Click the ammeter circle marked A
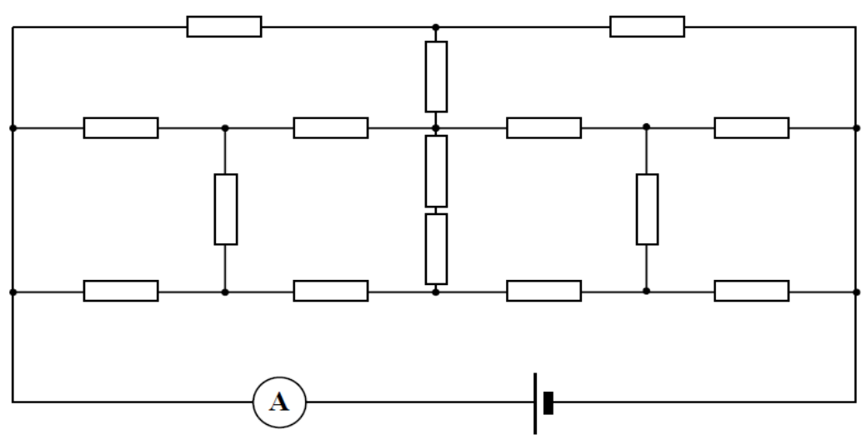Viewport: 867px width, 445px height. [279, 402]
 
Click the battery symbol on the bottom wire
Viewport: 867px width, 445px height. [543, 403]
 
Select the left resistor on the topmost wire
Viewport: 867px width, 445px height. [224, 27]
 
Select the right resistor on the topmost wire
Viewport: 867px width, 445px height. [647, 27]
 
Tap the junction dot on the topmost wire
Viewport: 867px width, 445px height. [436, 27]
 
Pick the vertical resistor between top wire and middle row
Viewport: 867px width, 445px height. [436, 77]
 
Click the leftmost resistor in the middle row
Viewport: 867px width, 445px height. [121, 127]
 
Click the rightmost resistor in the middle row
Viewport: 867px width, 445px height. [751, 127]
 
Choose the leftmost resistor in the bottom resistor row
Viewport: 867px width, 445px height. [121, 291]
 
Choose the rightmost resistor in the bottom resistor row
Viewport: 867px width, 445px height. [751, 291]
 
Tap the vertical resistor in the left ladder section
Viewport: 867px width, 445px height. [226, 209]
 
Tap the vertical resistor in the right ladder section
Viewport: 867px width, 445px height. [647, 209]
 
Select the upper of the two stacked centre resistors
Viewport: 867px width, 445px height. [436, 172]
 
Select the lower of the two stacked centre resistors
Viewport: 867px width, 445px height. [436, 249]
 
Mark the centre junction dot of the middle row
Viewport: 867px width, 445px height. [436, 128]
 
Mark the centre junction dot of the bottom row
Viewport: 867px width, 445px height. [436, 292]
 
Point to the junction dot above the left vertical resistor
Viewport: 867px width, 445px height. [225, 128]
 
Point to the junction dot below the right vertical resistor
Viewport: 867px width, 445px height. [646, 291]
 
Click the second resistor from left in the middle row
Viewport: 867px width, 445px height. [331, 127]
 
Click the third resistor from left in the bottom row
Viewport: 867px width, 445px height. [544, 291]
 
